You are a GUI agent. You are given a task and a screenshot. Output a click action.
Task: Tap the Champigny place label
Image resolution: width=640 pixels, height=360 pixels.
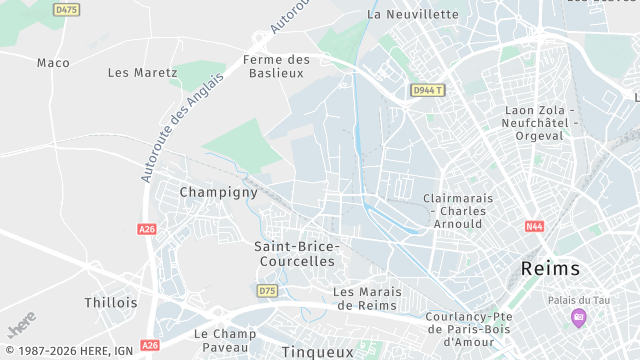coord(218,192)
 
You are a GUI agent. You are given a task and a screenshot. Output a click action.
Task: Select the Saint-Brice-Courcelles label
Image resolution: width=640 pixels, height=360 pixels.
coord(297,253)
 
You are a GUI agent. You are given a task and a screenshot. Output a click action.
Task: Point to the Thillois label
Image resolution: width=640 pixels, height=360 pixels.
coord(111,302)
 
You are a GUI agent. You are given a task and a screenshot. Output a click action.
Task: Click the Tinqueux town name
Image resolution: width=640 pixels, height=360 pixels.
coord(317,352)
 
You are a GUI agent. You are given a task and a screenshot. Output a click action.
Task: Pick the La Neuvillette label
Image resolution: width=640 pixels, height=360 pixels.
coord(413,15)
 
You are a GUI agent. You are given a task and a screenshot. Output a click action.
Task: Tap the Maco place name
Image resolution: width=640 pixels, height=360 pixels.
coord(53,63)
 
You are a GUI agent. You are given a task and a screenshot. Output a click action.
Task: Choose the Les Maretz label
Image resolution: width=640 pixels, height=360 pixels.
coord(142,73)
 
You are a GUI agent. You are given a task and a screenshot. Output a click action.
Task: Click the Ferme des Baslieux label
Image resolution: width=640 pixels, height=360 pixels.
coord(276,67)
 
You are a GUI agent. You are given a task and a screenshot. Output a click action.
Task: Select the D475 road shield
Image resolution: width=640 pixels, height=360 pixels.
coord(67,10)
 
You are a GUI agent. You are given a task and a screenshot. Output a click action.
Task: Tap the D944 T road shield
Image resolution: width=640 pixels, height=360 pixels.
coord(427,91)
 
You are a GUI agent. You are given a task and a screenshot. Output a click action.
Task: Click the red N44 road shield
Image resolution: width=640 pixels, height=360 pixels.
coord(534,226)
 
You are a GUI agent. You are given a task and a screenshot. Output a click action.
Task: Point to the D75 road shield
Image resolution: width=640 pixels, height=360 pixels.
coord(267,291)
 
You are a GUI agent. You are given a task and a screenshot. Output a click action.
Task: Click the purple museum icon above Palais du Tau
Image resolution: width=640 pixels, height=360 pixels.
coord(578,318)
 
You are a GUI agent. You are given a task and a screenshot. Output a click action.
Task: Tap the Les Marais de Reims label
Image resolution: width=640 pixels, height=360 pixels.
coord(366,298)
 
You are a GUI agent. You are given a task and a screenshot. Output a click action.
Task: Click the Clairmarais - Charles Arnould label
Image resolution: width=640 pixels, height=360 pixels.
coord(458,211)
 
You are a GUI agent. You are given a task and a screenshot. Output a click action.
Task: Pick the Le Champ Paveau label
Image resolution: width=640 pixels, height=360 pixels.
coord(225,340)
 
